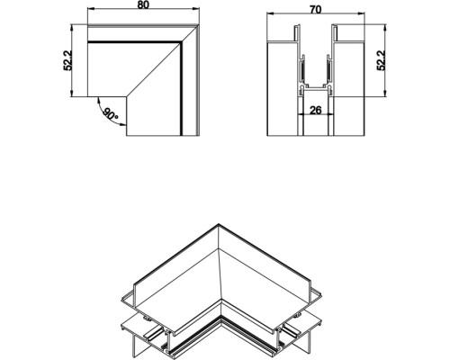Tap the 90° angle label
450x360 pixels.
tap(111, 115)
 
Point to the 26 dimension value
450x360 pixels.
tap(314, 111)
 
